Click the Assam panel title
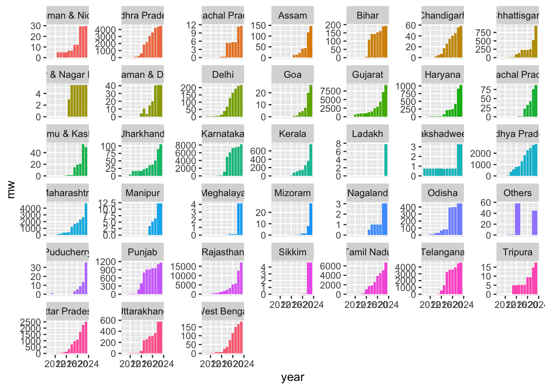point(292,16)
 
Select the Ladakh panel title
point(367,134)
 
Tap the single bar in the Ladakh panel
point(386,160)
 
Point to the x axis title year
point(292,377)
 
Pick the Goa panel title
point(292,75)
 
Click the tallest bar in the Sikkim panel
point(309,278)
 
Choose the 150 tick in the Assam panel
point(258,26)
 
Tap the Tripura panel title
point(517,252)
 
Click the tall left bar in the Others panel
point(517,219)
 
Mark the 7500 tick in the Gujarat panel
point(330,91)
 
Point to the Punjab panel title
point(142,252)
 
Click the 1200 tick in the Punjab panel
point(106,262)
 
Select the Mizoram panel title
point(292,193)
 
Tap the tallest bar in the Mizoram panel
point(311,219)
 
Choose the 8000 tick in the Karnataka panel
point(185,145)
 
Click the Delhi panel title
point(223,75)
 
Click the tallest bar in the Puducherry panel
point(86,278)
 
